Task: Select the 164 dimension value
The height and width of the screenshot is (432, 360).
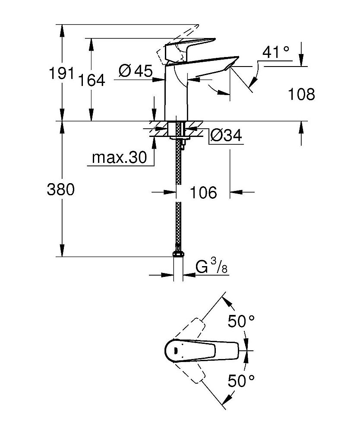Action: pos(92,80)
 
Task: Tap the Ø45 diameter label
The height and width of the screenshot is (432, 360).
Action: pos(135,71)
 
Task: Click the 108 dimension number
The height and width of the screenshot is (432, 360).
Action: pos(300,94)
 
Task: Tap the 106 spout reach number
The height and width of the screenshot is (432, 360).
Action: pos(203,193)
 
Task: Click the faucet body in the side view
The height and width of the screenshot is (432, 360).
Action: pos(176,95)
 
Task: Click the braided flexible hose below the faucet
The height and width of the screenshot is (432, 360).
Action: pos(177,194)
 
